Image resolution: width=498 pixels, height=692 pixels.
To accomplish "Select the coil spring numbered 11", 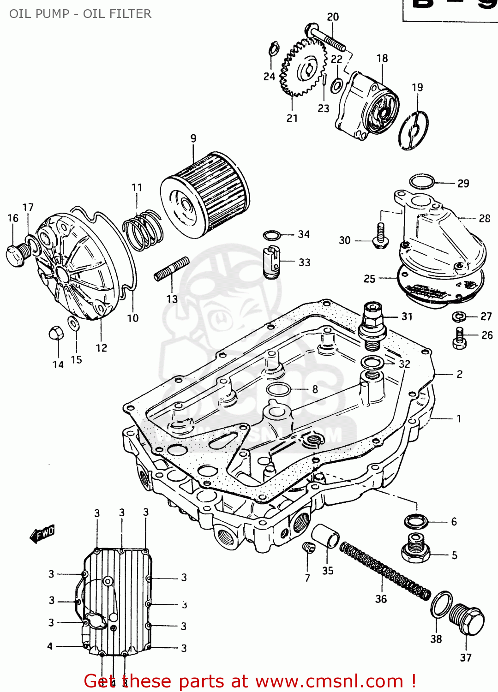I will pyautogui.click(x=143, y=230).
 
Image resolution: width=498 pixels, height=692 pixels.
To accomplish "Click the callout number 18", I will pyautogui.click(x=382, y=59).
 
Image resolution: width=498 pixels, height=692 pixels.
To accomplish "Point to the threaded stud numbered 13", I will pyautogui.click(x=171, y=269).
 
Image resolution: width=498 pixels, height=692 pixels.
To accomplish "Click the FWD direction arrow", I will pyautogui.click(x=42, y=534).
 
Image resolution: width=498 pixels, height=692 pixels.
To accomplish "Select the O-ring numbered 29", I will pyautogui.click(x=422, y=182).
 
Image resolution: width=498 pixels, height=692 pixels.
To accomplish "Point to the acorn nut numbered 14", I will pyautogui.click(x=55, y=334).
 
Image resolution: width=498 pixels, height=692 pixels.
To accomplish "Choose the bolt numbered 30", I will pyautogui.click(x=380, y=236).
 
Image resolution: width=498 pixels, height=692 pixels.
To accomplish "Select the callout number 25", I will pyautogui.click(x=369, y=279).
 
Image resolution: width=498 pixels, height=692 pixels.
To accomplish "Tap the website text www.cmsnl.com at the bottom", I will pyautogui.click(x=329, y=681).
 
